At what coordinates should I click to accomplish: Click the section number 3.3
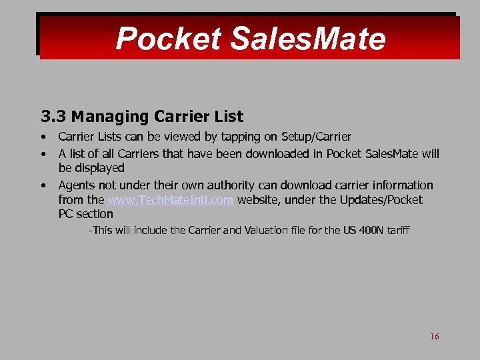tap(54, 117)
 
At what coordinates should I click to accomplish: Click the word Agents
tap(77, 185)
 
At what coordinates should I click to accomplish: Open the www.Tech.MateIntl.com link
tap(171, 200)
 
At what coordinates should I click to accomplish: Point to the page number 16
tap(435, 337)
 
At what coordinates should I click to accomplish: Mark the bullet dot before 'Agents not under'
tap(43, 185)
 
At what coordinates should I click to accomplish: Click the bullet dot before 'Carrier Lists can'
tap(43, 137)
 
